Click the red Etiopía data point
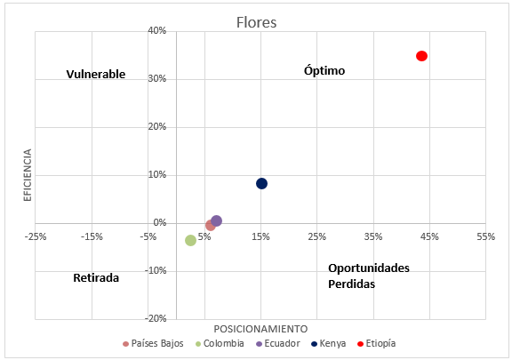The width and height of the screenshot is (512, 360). tap(421, 56)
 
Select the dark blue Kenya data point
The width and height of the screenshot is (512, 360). tap(261, 183)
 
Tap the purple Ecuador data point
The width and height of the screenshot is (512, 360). tap(216, 220)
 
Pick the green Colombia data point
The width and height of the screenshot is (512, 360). tap(190, 240)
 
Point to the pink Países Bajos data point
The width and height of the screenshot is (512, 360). tap(210, 225)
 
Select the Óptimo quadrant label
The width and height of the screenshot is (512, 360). tap(324, 70)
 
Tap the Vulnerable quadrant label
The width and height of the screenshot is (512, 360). tap(96, 75)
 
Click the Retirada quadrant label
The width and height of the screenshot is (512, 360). tap(95, 277)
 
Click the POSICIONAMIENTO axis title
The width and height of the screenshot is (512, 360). tap(260, 328)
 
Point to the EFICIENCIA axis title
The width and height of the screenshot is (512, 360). tap(28, 174)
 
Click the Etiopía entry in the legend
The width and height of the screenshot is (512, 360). tap(376, 343)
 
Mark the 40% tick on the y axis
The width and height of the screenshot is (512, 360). tap(157, 31)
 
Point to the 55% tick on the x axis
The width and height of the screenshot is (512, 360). tap(485, 236)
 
